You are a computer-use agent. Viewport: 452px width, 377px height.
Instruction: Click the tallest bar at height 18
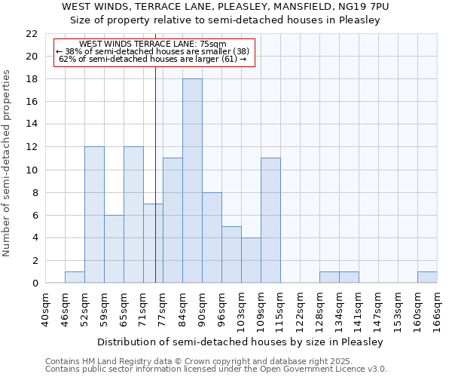point(192,181)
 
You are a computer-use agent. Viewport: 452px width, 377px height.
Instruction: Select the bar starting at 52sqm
point(94,215)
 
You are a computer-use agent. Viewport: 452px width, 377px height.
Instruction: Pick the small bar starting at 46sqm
point(75,277)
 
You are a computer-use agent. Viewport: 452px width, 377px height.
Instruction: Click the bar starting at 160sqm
point(427,277)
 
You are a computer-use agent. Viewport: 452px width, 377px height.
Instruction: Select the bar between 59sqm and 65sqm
point(114,249)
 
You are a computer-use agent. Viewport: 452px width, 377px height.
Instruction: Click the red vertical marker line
point(155,188)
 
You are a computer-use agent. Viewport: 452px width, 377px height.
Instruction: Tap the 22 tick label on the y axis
point(31,34)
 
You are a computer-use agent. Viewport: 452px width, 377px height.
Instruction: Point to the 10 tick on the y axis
point(31,170)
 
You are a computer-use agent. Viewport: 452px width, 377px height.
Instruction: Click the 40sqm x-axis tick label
point(45,309)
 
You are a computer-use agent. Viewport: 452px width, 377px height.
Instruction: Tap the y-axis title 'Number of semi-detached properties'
point(8,163)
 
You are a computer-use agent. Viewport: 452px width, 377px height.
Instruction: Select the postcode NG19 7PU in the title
point(362,7)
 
